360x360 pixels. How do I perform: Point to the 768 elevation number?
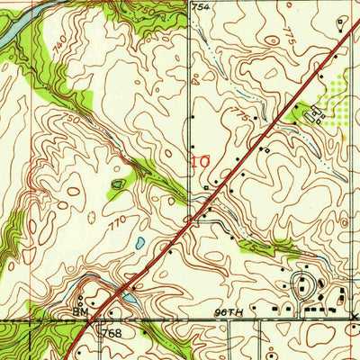pos(112,334)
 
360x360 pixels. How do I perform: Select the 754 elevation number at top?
pos(203,7)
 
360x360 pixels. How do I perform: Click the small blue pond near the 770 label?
pos(139,243)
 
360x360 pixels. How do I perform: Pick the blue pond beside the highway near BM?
pos(131,297)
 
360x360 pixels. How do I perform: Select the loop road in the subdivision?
pos(306,287)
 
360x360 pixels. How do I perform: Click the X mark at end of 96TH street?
pos(355,318)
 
